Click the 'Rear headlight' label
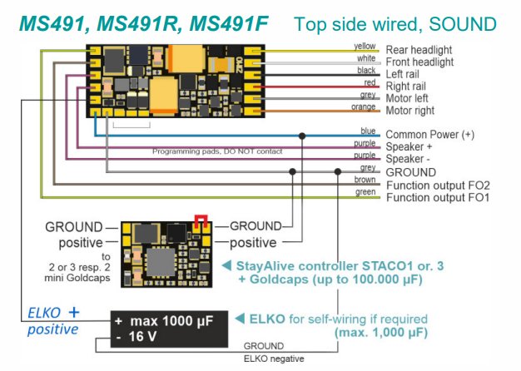click(x=419, y=50)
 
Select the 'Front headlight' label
click(x=420, y=62)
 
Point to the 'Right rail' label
click(x=409, y=86)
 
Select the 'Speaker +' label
click(x=408, y=146)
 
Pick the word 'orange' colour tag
click(x=365, y=106)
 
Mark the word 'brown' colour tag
click(x=366, y=179)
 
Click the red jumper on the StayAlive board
click(x=200, y=220)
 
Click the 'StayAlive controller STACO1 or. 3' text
click(x=342, y=265)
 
